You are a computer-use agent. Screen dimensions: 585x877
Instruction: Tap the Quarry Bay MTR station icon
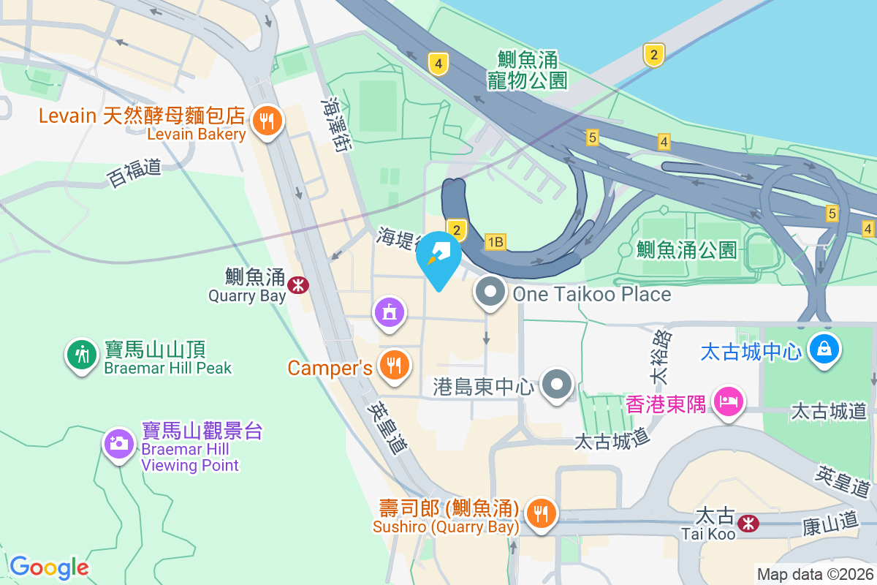(x=297, y=284)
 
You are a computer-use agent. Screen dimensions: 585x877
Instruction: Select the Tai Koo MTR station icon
(x=748, y=522)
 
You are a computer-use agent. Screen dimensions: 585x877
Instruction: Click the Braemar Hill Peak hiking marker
(x=82, y=355)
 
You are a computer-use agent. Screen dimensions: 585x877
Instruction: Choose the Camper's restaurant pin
(x=395, y=365)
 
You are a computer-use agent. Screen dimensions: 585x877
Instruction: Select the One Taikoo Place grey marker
(x=490, y=292)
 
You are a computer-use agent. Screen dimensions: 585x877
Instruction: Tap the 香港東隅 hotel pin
(x=729, y=401)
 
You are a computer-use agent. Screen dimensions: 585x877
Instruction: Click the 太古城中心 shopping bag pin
(x=824, y=350)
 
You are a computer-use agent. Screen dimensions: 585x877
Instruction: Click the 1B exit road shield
(x=496, y=242)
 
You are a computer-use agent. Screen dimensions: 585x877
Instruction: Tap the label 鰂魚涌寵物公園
(x=528, y=69)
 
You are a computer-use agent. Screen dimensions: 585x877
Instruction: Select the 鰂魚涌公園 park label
(x=686, y=249)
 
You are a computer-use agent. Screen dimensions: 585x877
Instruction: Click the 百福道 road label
(x=134, y=173)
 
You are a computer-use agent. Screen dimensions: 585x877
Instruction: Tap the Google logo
(x=49, y=567)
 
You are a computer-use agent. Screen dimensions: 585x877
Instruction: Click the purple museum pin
(x=390, y=312)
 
